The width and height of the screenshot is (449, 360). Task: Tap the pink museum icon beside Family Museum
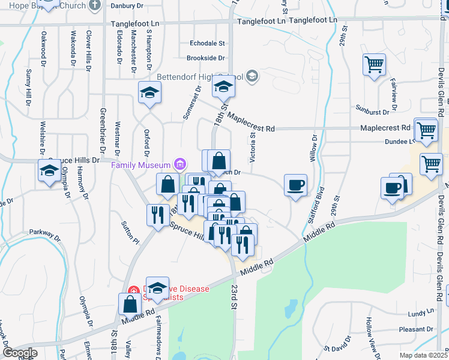click(x=179, y=164)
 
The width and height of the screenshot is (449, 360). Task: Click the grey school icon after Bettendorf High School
click(x=252, y=76)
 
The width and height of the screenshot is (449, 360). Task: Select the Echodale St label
click(x=206, y=44)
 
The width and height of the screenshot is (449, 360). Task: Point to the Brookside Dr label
click(x=205, y=58)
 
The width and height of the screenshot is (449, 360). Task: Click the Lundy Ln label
click(x=421, y=314)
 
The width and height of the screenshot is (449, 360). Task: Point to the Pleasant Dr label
click(x=419, y=329)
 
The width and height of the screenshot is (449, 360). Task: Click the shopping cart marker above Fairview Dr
click(x=374, y=64)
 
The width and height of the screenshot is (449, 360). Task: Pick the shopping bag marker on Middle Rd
click(x=130, y=304)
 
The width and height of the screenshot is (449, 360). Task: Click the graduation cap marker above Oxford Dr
click(x=149, y=93)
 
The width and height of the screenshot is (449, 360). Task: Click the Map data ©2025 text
click(x=424, y=355)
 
